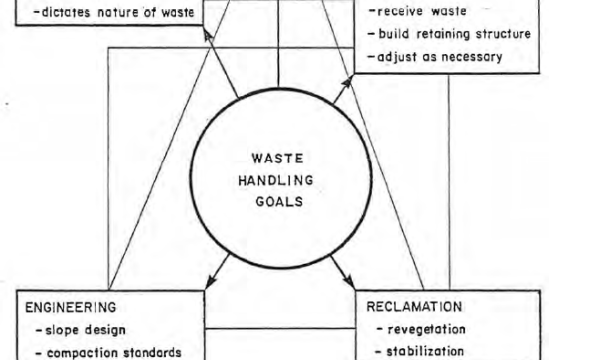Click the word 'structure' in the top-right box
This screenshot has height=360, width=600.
(503, 34)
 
